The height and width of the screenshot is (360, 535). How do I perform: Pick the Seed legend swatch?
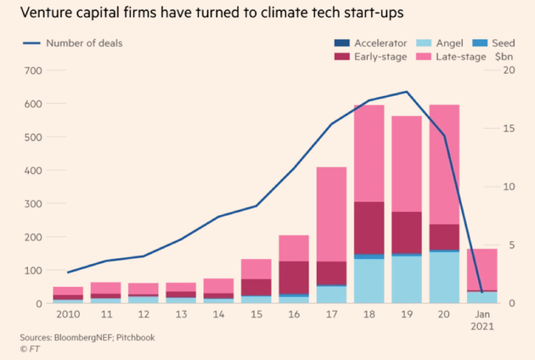(480, 43)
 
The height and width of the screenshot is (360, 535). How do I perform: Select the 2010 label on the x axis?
(68, 315)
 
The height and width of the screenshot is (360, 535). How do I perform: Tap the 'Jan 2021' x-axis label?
(482, 321)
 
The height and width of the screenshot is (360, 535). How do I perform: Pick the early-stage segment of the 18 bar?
(369, 228)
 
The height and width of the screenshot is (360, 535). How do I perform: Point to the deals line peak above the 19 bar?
(408, 92)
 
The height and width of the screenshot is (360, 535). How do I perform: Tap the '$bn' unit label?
(504, 57)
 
